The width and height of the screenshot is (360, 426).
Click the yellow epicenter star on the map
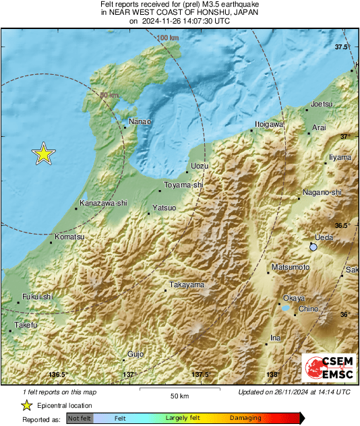point(44,154)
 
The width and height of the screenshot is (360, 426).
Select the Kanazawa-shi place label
point(103,202)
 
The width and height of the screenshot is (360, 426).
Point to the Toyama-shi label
point(185,184)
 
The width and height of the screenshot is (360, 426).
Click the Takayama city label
point(187,285)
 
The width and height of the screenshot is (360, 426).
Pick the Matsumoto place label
point(291,268)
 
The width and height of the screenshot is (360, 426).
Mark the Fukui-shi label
point(37,296)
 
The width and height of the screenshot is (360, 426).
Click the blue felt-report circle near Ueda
point(313,248)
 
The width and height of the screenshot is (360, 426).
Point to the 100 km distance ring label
point(168,38)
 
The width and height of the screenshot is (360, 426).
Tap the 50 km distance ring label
point(109,95)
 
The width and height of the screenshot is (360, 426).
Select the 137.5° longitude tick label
point(200,375)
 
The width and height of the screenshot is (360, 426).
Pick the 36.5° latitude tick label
point(344,225)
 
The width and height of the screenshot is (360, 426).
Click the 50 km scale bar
point(179,390)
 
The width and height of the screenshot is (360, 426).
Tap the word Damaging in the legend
point(245,419)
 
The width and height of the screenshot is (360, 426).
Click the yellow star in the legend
point(26,405)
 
